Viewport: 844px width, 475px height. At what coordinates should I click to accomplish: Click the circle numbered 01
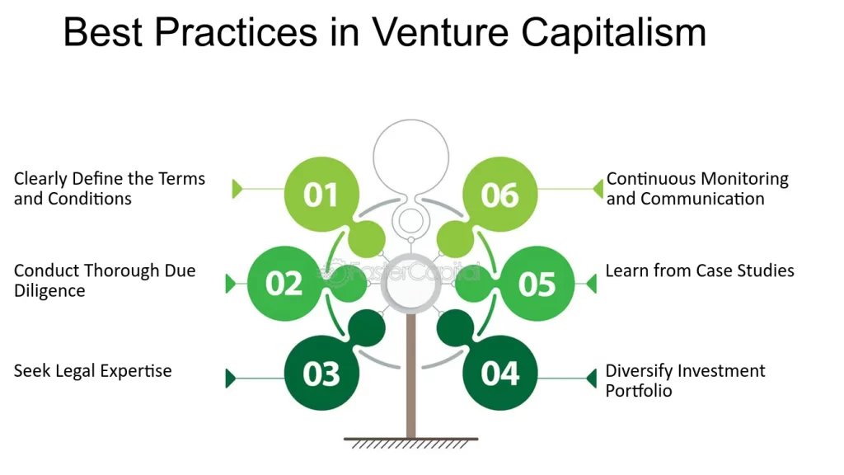point(321,195)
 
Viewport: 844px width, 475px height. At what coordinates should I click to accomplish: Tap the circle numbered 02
point(284,284)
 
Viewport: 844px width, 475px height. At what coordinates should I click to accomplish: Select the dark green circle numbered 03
point(321,374)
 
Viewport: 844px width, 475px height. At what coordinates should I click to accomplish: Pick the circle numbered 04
point(500,374)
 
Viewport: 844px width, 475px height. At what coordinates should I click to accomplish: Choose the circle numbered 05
point(537,284)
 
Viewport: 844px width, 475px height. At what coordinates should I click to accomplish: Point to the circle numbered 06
point(500,195)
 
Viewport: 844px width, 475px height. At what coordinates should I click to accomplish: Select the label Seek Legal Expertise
point(92,371)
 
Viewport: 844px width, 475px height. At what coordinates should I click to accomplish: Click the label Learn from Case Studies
point(700,270)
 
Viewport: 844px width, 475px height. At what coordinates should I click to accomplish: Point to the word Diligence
point(49,291)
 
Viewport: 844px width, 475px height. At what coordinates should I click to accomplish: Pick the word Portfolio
point(639,391)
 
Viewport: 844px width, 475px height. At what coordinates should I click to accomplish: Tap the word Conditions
point(89,199)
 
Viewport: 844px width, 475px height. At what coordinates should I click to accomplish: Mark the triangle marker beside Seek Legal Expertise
point(231,379)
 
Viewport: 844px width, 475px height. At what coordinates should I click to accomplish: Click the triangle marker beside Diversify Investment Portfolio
point(591,379)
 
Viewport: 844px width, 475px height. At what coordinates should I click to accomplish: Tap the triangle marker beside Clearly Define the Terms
point(237,189)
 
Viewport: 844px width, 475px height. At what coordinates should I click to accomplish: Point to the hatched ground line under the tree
point(410,442)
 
